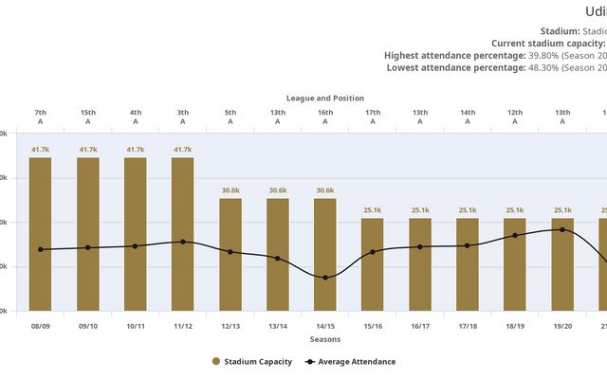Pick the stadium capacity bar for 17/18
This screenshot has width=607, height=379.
click(x=468, y=264)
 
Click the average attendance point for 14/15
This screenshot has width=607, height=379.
click(x=325, y=278)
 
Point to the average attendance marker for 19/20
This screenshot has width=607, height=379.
click(x=562, y=229)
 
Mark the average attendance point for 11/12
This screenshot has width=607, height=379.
click(x=183, y=242)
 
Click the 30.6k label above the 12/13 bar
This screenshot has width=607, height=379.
click(x=230, y=190)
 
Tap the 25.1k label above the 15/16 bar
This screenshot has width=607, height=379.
click(x=373, y=210)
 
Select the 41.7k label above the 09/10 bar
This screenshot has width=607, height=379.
click(x=88, y=150)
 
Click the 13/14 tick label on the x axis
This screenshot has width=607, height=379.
click(x=278, y=326)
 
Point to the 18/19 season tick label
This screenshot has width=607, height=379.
click(x=515, y=326)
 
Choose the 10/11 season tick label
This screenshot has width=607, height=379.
click(x=136, y=326)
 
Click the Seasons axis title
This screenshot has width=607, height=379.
click(x=325, y=339)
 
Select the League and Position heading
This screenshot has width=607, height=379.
click(x=325, y=99)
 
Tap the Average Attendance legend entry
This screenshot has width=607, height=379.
click(x=350, y=361)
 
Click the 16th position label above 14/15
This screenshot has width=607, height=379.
click(x=325, y=113)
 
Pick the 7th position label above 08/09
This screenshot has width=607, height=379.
click(x=41, y=113)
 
